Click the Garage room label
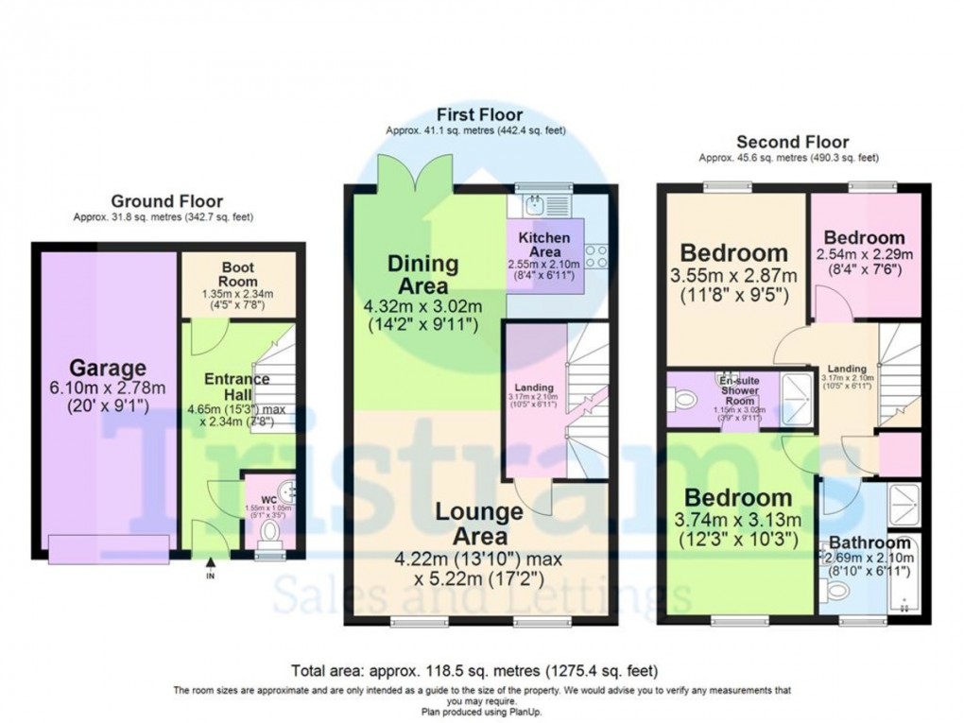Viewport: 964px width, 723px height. pos(105,368)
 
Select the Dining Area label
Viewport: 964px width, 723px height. pos(422,274)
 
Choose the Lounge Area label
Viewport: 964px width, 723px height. pos(478,524)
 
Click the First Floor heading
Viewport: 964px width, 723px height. pos(480,115)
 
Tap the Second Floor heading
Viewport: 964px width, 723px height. pos(792,142)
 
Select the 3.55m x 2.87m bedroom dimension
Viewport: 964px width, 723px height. pos(733,275)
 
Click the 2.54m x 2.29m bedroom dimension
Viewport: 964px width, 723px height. pos(863,255)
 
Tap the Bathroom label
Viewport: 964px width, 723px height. pos(869,543)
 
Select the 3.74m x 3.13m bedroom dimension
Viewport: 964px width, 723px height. pos(737,519)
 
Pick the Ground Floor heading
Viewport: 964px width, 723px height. pos(166,200)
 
